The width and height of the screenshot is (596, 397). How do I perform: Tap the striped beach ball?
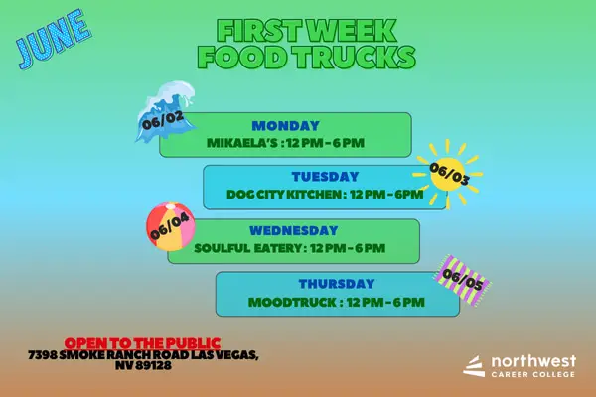(170, 229)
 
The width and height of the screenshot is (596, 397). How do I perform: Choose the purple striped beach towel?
(464, 279)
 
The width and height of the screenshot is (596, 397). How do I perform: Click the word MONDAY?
(285, 126)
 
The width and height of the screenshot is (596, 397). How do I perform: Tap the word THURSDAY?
(337, 283)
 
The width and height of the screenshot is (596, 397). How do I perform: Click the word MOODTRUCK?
(282, 301)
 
